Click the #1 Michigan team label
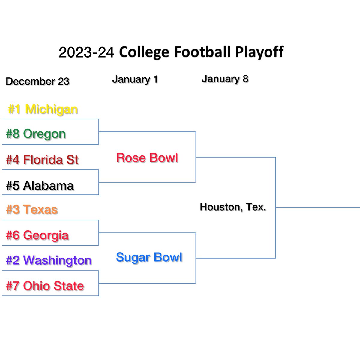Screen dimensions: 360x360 pos(43,109)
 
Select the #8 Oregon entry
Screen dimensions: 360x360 pos(36,134)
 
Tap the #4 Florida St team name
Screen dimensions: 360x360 pos(42,160)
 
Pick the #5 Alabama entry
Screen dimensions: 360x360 pos(40,186)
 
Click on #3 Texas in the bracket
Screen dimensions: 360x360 pos(32,209)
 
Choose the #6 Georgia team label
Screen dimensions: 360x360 pos(37,235)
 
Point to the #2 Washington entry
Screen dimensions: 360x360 pos(49,260)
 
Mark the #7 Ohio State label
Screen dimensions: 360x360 pos(45,286)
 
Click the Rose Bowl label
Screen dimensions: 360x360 pos(147,158)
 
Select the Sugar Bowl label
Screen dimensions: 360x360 pos(149,257)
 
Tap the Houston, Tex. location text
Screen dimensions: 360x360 pos(233,207)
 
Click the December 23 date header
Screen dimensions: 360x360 pos(37,81)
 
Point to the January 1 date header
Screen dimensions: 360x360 pos(135,79)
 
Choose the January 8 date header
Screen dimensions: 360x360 pos(225,79)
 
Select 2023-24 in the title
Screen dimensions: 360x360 pos(86,52)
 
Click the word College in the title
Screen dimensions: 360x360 pos(144,52)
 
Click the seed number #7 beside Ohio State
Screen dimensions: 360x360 pos(13,286)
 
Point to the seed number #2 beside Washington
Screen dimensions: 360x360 pos(13,260)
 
